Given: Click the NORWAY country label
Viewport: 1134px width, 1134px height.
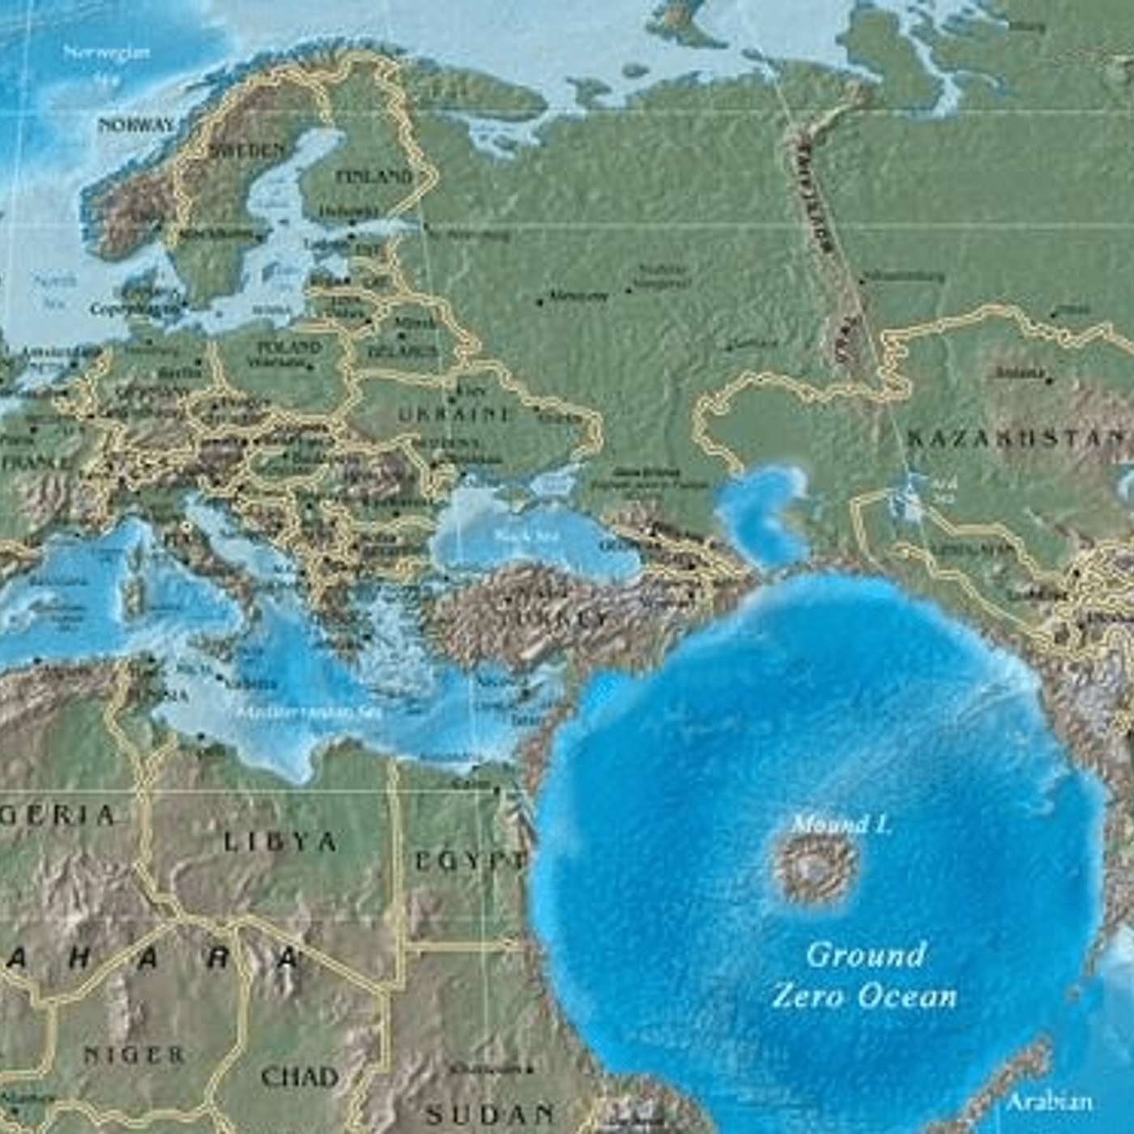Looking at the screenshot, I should [136, 126].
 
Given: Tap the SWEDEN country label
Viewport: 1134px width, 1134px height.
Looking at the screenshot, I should [247, 151].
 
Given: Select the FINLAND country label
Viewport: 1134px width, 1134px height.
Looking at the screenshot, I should [374, 177].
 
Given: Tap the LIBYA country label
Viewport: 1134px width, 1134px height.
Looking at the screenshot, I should [280, 842].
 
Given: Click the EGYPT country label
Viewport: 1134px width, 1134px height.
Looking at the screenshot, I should [469, 861].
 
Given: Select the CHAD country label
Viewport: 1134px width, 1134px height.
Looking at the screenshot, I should [299, 1076].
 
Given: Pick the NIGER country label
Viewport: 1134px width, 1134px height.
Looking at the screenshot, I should [134, 1055].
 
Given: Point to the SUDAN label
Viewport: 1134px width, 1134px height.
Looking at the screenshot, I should [491, 1114].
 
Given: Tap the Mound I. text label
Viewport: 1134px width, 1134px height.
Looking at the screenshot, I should [841, 825].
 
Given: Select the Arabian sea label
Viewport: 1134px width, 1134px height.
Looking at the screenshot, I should [1049, 1102].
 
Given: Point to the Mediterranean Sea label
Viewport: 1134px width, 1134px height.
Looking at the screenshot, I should [309, 712].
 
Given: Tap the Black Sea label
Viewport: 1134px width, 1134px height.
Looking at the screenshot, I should [516, 536].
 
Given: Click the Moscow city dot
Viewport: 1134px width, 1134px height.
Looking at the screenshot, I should [540, 301].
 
